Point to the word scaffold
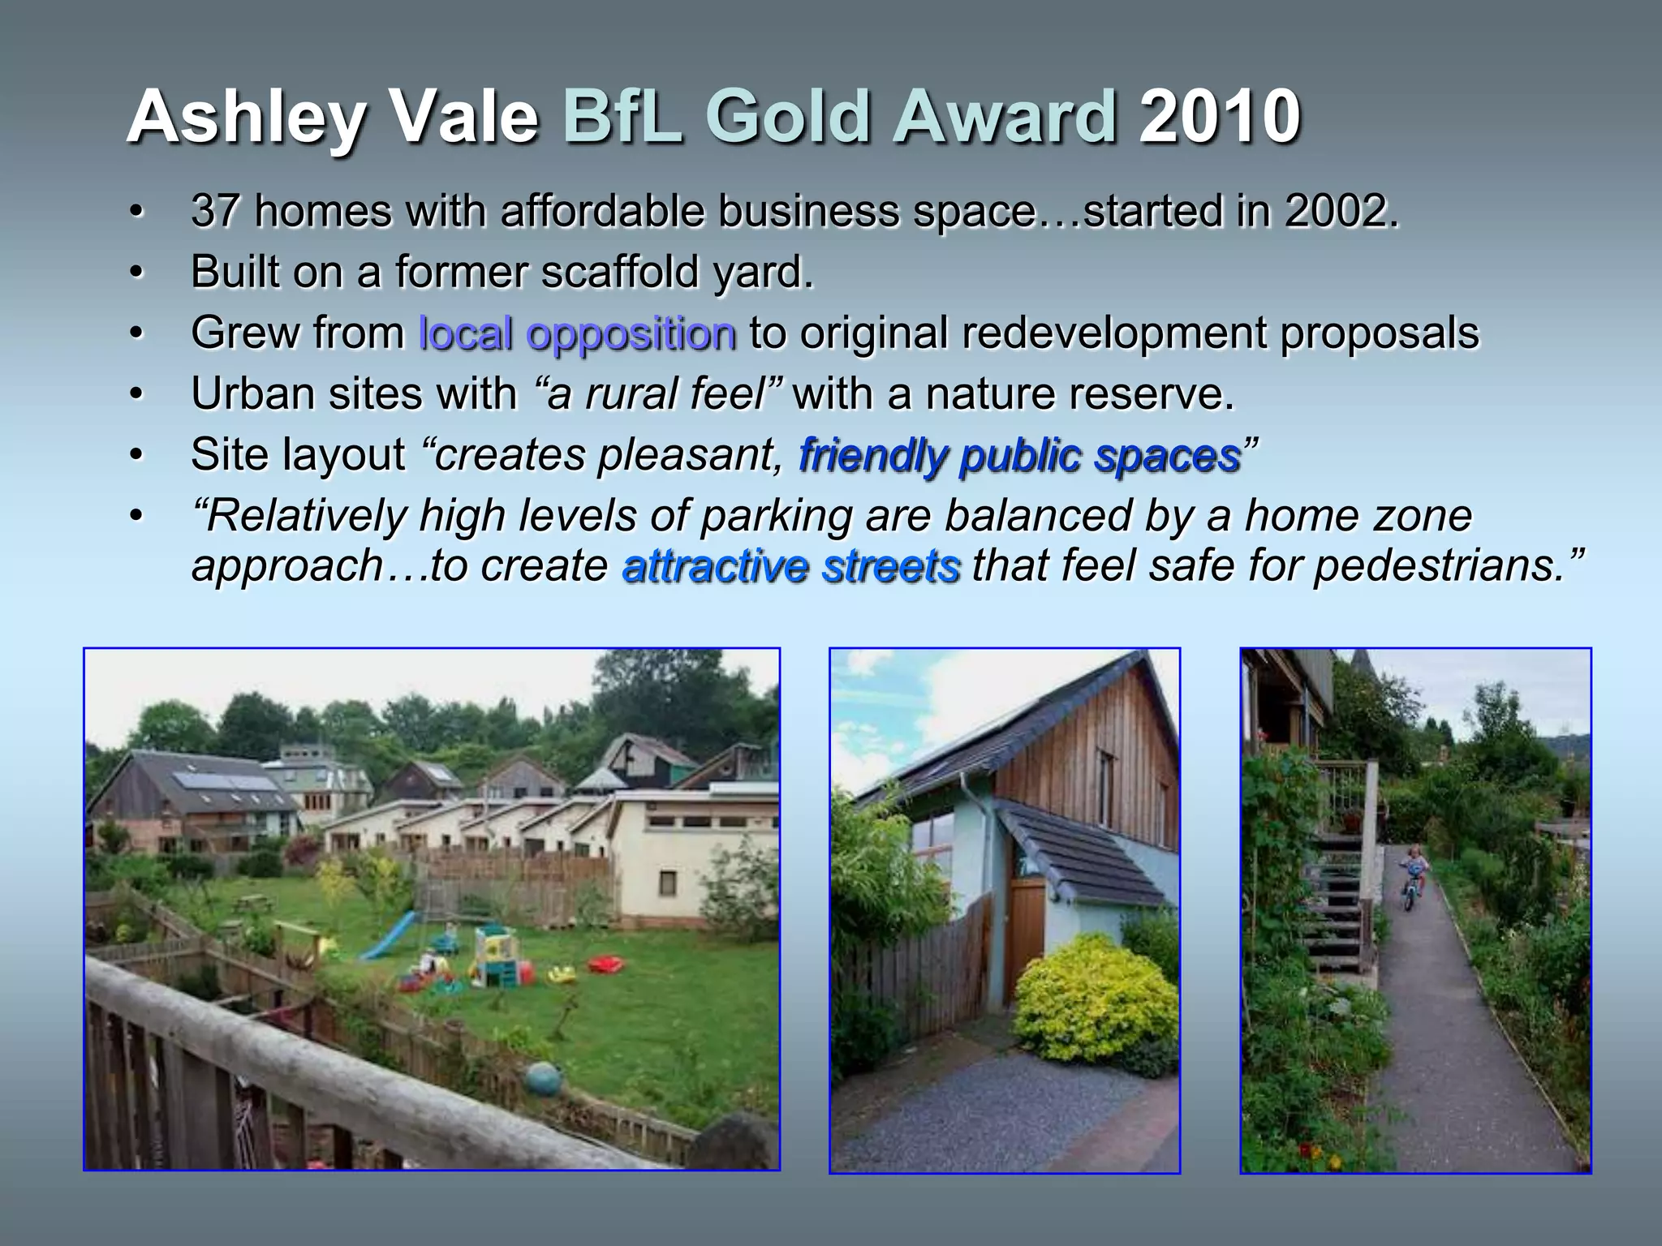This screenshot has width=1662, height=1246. tap(622, 272)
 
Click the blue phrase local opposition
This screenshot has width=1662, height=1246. tap(577, 333)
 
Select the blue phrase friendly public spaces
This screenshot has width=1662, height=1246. tap(1019, 455)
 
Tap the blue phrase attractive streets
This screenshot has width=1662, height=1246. tap(791, 565)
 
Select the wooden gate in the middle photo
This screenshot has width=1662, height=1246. tap(1024, 933)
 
